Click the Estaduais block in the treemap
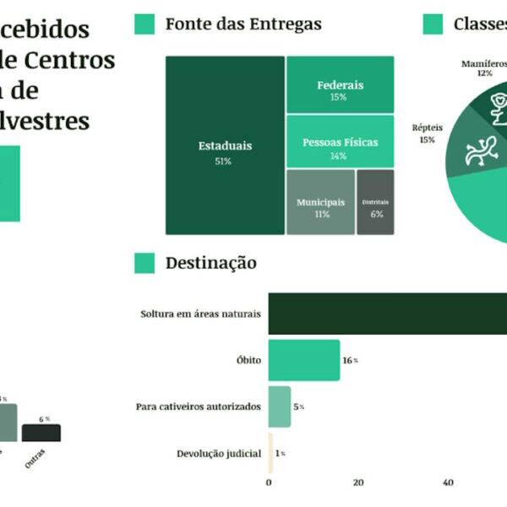(225, 145)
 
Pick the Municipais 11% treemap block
(320, 202)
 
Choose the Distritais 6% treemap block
(375, 202)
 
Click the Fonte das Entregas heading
(243, 25)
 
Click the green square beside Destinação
(144, 264)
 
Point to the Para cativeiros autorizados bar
(280, 406)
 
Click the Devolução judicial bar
(270, 453)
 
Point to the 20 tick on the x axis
(358, 483)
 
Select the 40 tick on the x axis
(448, 483)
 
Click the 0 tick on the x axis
(269, 483)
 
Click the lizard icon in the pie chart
(479, 150)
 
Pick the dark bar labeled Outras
(41, 433)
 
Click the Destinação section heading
(211, 264)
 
